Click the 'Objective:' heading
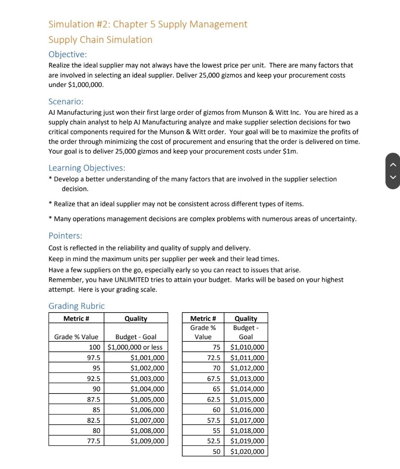point(68,54)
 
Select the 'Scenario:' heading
point(66,101)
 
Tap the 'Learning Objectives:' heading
point(87,168)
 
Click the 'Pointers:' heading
point(65,236)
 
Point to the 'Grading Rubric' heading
point(77,306)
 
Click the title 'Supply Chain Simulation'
point(100,40)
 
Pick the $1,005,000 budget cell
point(147,399)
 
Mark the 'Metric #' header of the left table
point(76,318)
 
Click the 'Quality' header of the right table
point(246,318)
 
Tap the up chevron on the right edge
point(393,165)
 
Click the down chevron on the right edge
point(393,177)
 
